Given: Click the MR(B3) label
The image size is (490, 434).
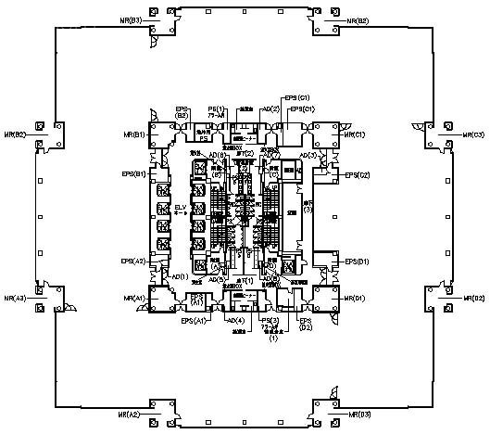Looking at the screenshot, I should click(x=130, y=19).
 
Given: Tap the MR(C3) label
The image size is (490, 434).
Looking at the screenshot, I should click(x=472, y=134).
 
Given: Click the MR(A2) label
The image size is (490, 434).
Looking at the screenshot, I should click(x=127, y=414).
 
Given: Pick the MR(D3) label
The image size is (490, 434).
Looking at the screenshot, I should click(x=360, y=414).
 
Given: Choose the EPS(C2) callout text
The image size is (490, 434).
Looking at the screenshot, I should click(x=358, y=174).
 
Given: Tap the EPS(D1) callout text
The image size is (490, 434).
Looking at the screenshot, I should click(x=358, y=262).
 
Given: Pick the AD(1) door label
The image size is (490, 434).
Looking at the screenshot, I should click(x=181, y=276).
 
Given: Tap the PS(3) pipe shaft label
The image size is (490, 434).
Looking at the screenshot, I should click(x=273, y=320).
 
